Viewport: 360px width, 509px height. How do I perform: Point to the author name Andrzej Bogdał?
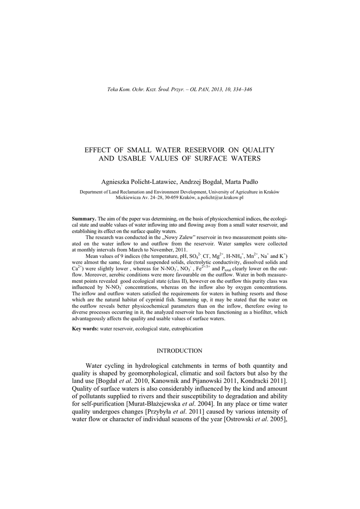(193, 182)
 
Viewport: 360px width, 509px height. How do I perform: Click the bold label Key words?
(86, 329)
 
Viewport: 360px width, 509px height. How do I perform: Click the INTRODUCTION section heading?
(180, 351)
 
